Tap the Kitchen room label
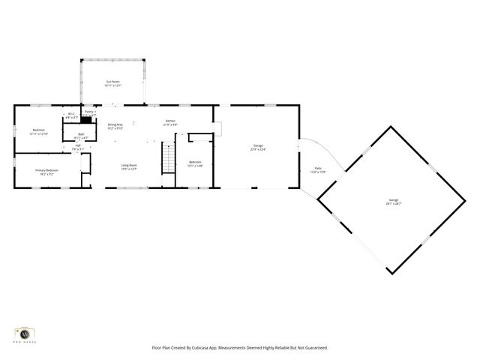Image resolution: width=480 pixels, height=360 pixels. click(170, 121)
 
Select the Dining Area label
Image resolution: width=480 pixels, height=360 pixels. click(115, 125)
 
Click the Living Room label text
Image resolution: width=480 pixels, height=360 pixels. click(129, 166)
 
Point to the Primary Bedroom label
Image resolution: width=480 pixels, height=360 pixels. click(46, 171)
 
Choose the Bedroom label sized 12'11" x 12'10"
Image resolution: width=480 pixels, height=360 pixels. click(39, 131)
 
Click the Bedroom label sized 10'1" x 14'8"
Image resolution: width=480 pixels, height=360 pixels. click(195, 163)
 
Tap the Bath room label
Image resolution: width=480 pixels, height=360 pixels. click(81, 136)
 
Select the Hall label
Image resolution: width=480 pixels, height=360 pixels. click(78, 147)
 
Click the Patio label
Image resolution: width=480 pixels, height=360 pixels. click(318, 171)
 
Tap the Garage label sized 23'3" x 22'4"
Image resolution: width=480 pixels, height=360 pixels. click(258, 147)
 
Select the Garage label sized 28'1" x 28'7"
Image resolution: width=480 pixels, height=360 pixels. click(394, 202)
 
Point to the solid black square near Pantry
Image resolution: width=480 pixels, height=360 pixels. click(87, 119)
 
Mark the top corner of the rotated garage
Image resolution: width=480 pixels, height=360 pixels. click(391, 127)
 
